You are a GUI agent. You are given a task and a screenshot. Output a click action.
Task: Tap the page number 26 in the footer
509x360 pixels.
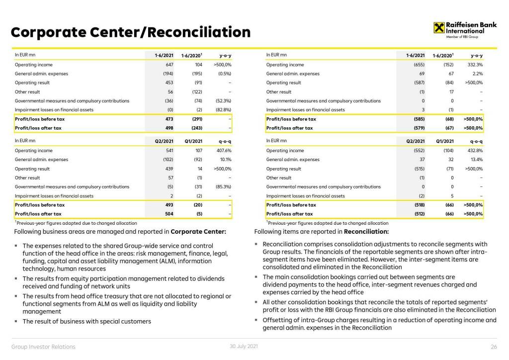[x=494, y=347]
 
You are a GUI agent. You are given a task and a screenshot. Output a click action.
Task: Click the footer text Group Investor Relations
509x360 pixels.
[x=43, y=347]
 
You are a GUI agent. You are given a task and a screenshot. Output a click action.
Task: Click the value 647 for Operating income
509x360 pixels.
[x=169, y=65]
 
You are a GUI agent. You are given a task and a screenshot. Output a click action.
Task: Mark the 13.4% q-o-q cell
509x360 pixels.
[x=477, y=160]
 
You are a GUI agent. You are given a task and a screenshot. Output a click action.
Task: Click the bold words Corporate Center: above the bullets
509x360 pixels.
[x=198, y=231]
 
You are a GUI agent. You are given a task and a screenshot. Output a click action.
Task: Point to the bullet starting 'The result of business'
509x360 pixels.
[x=86, y=321]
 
